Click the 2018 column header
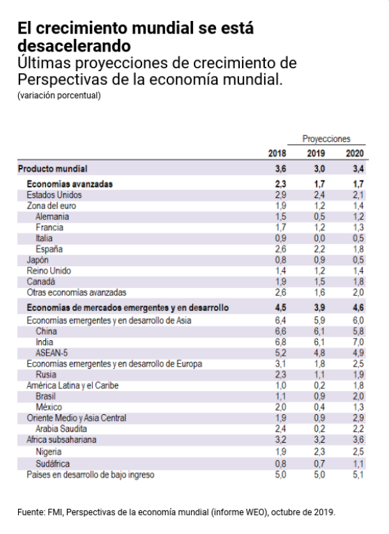277,153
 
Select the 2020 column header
355,153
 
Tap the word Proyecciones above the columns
326,139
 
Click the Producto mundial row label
53,169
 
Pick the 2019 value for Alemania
319,217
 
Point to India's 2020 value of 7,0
358,342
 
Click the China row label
46,331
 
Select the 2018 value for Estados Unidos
281,194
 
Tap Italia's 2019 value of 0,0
319,238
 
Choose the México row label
49,407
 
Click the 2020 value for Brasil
358,396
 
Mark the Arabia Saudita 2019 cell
319,429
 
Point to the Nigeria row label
48,452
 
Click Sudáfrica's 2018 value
281,464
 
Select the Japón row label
38,260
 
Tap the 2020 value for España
358,249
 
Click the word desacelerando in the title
75,45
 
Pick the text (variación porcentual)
59,96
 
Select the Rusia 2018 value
281,374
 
